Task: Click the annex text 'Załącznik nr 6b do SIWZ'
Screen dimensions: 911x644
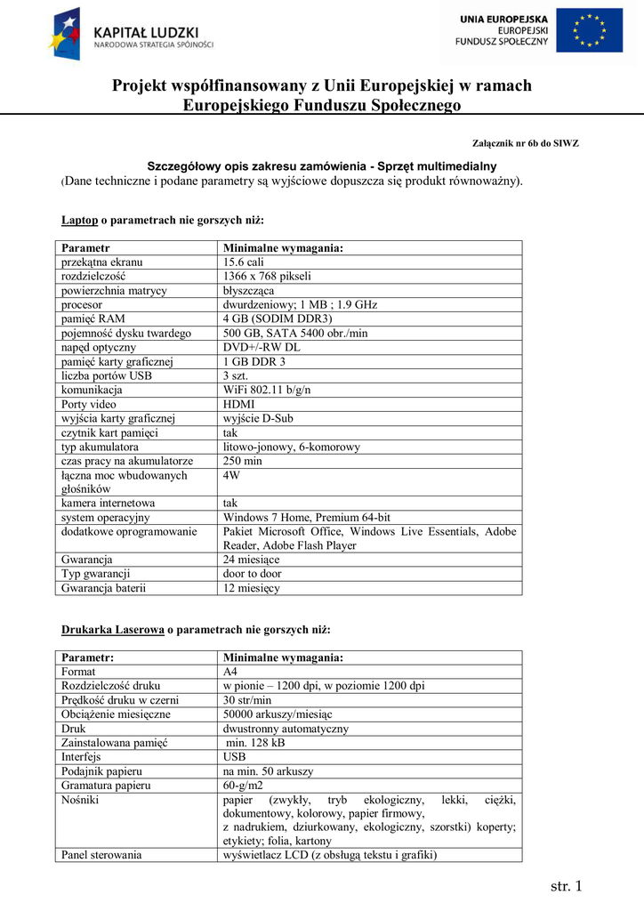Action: point(525,143)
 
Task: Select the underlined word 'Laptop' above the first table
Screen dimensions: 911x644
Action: point(79,220)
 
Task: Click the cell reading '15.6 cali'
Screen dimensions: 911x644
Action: point(243,262)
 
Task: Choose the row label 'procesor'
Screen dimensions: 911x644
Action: point(82,304)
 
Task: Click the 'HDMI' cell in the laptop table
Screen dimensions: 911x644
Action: point(238,404)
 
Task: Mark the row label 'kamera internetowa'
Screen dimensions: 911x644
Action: point(108,503)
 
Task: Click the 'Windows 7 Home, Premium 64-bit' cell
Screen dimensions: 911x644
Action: point(306,517)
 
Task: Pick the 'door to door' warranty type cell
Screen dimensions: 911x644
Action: point(252,574)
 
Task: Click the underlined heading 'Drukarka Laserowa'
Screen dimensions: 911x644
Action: point(112,630)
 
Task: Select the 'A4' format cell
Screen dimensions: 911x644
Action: point(229,672)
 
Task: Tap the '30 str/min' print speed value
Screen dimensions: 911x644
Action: point(247,700)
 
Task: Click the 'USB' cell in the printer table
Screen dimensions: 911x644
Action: point(235,757)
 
